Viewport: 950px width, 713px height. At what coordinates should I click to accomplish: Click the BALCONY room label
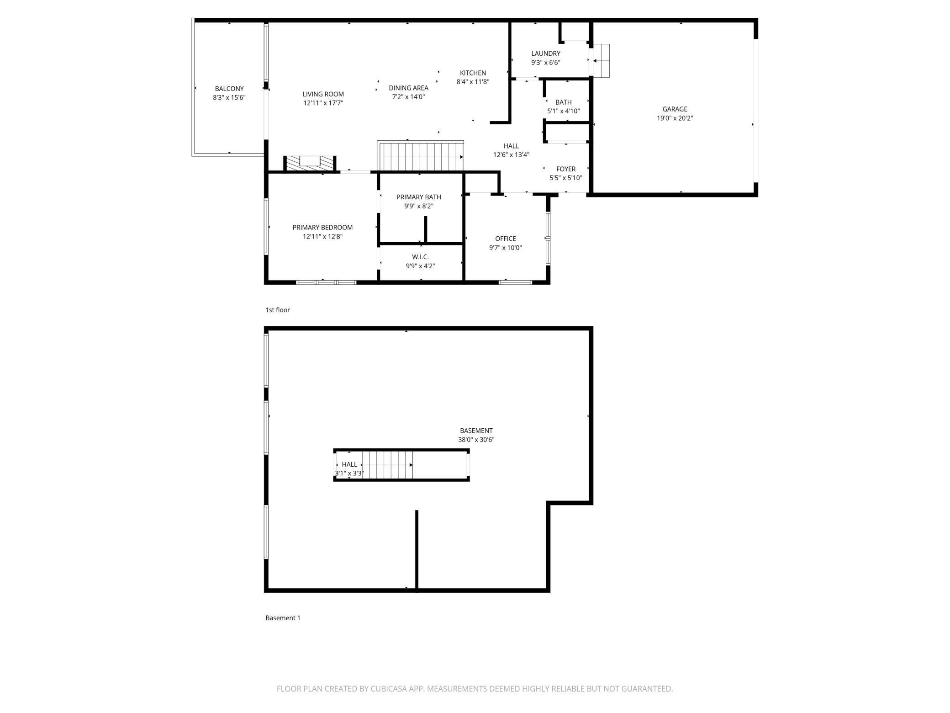229,89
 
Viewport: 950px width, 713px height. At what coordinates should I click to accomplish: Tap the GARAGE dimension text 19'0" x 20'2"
675,118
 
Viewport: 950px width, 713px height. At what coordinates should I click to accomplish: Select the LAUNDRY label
546,53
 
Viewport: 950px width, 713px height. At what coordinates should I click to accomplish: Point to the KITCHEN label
473,73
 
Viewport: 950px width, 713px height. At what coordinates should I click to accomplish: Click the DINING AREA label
408,88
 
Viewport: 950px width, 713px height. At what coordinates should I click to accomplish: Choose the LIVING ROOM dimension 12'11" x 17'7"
323,103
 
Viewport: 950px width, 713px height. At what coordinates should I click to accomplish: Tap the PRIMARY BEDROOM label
322,227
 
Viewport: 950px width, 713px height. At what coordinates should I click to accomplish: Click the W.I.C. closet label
420,257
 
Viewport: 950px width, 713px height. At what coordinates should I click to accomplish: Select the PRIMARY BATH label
419,197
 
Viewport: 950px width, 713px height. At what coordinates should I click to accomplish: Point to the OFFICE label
506,239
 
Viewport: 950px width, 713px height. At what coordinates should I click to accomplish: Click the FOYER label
566,169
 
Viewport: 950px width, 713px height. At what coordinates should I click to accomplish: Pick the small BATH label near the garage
564,102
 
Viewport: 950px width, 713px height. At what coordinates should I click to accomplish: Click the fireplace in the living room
310,164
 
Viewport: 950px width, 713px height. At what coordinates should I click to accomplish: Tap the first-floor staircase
421,156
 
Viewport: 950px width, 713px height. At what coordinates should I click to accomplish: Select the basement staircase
388,465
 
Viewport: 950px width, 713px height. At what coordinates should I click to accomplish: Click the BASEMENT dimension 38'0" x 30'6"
476,440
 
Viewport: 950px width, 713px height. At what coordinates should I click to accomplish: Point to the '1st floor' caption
278,310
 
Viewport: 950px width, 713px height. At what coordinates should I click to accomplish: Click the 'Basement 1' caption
283,618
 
